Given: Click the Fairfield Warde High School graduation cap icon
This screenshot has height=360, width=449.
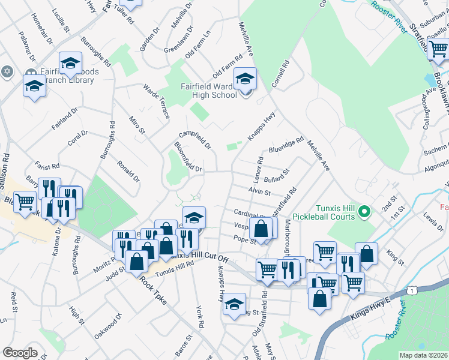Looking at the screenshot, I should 245,79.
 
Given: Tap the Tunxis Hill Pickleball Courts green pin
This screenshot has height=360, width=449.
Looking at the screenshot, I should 363,211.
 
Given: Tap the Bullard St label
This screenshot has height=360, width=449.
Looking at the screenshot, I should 277,175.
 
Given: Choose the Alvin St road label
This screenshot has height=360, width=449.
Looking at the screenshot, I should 259,192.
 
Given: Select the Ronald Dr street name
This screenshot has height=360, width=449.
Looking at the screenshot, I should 128,171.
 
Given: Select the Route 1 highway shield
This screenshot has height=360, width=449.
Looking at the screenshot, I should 412,290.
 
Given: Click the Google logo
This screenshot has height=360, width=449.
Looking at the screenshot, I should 20,353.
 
